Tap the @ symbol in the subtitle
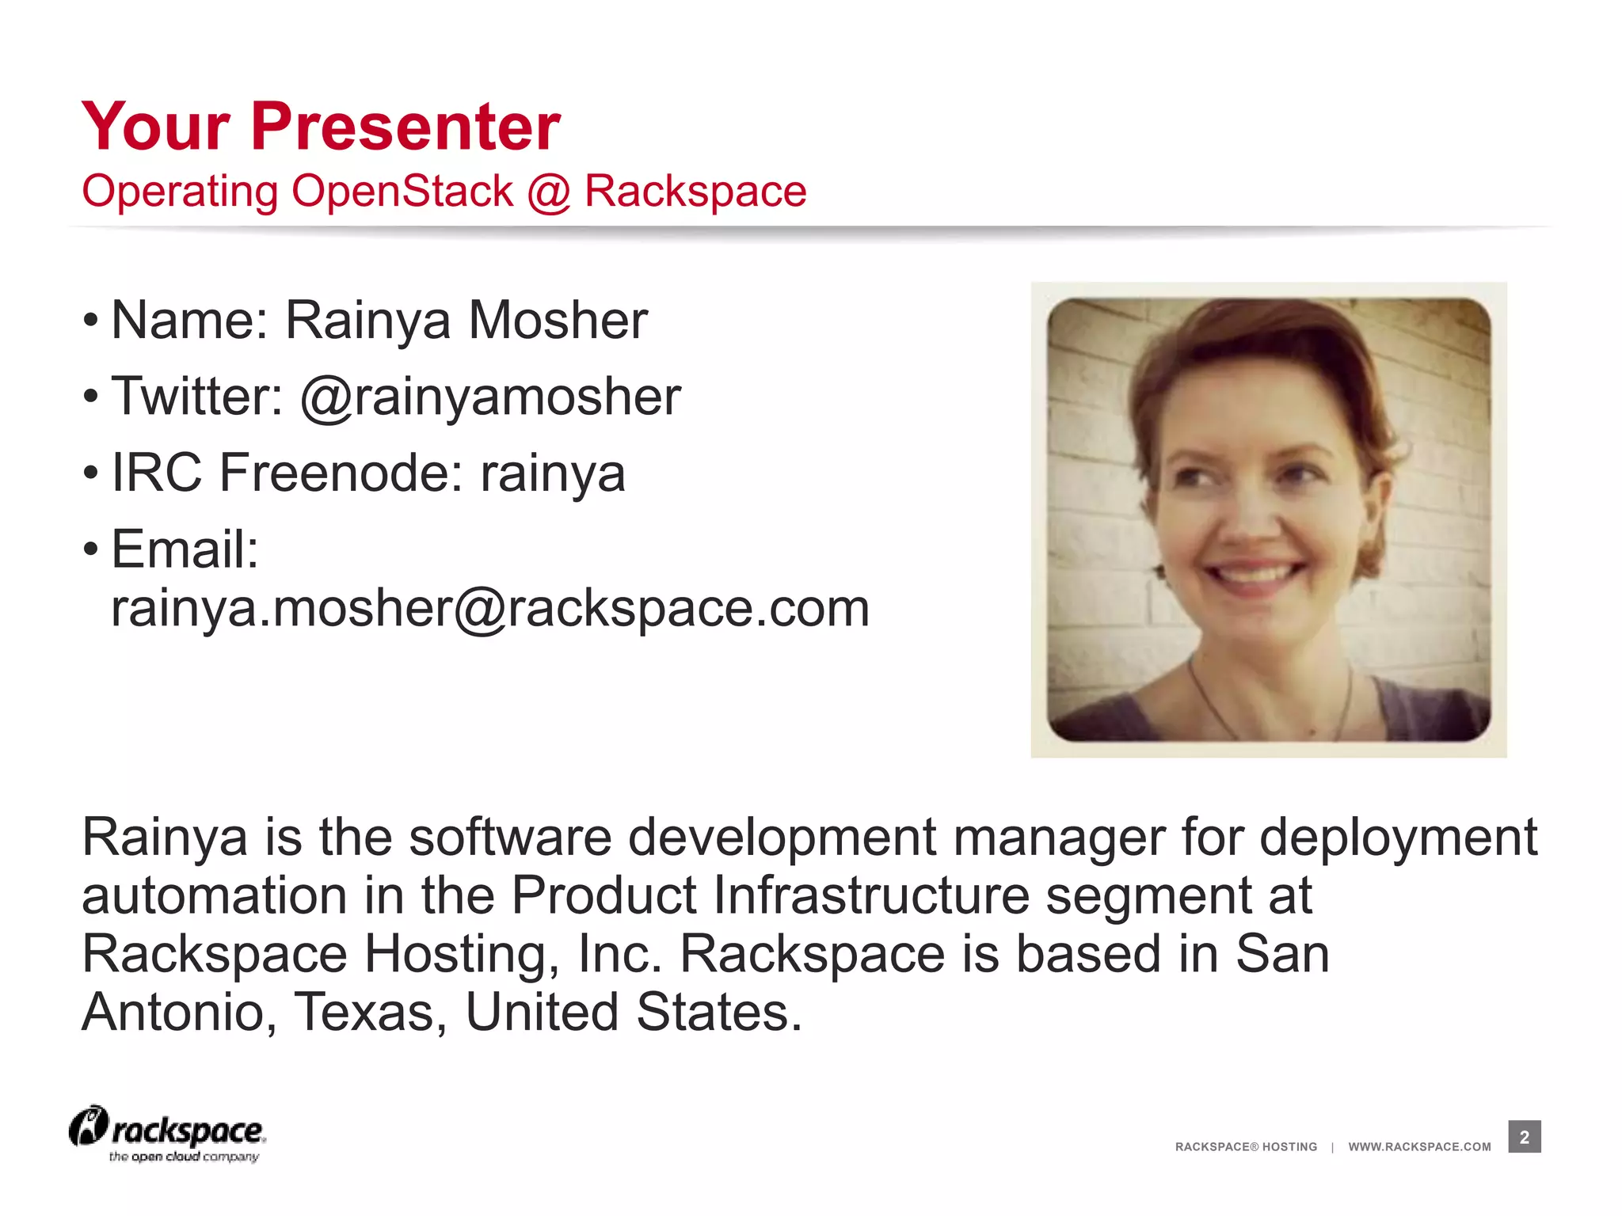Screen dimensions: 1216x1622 [548, 192]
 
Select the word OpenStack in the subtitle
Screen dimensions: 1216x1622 [402, 192]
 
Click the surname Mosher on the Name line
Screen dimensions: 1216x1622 [558, 320]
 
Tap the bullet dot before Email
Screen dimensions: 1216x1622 [91, 548]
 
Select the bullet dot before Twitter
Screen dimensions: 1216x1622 [91, 396]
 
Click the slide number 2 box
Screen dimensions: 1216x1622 [1524, 1137]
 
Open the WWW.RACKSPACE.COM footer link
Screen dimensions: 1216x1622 [1419, 1146]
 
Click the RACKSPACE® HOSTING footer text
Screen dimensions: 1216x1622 [1246, 1146]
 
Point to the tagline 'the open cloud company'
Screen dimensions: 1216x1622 [184, 1157]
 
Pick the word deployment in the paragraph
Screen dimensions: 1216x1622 [1398, 838]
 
